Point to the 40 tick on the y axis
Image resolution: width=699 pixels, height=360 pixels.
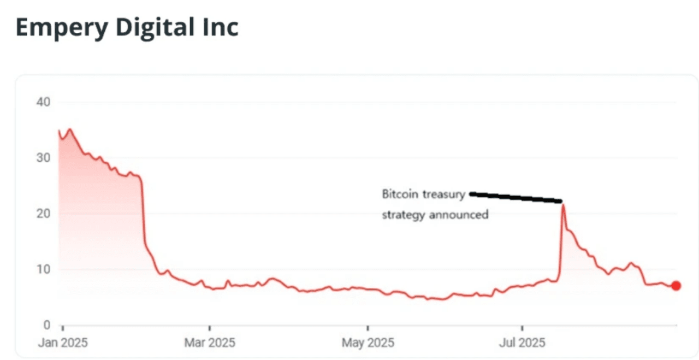point(44,102)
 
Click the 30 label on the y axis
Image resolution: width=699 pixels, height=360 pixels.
point(44,158)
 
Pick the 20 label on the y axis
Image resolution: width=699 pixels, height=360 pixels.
point(44,214)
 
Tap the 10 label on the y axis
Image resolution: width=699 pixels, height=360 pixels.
point(44,269)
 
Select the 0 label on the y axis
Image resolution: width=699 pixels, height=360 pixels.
point(46,325)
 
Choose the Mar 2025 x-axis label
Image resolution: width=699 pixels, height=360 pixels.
point(209,343)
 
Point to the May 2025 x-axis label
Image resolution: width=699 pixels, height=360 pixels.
point(368,343)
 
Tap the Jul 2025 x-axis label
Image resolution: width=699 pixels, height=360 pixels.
point(522,343)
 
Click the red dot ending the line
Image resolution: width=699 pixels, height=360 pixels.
point(676,286)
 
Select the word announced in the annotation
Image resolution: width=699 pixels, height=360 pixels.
point(458,215)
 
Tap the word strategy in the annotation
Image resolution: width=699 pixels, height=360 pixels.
point(403,215)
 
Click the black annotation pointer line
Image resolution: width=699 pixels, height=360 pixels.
point(516,197)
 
